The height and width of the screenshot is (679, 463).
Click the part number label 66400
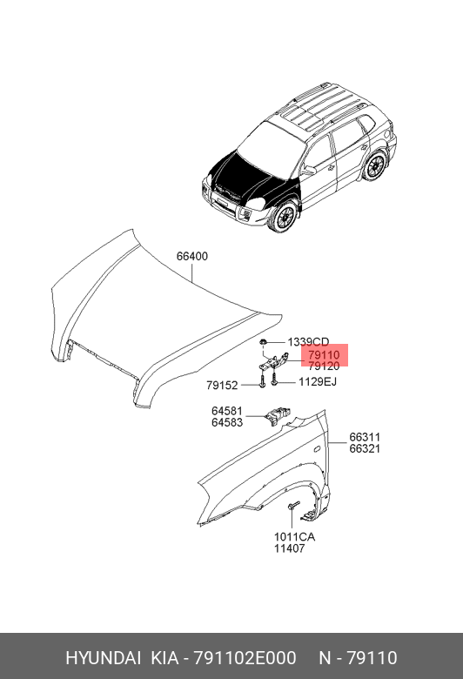pyautogui.click(x=191, y=256)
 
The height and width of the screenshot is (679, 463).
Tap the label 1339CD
pyautogui.click(x=308, y=342)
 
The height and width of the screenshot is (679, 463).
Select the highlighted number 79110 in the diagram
pyautogui.click(x=324, y=355)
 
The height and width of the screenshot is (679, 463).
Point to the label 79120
pyautogui.click(x=324, y=366)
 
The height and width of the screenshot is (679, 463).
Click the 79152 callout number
pyautogui.click(x=222, y=385)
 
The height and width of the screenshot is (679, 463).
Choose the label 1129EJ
pyautogui.click(x=318, y=381)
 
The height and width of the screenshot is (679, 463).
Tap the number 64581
pyautogui.click(x=227, y=411)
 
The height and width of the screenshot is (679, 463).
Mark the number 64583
pyautogui.click(x=227, y=422)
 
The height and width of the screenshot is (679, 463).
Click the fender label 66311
pyautogui.click(x=365, y=437)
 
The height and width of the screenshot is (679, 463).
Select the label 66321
pyautogui.click(x=365, y=448)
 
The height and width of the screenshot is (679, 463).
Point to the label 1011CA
pyautogui.click(x=294, y=537)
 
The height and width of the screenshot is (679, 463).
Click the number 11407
pyautogui.click(x=289, y=548)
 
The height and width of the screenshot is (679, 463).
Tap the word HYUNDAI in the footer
pyautogui.click(x=103, y=658)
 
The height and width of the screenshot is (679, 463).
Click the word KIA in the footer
pyautogui.click(x=164, y=658)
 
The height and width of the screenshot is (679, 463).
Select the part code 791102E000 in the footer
pyautogui.click(x=245, y=658)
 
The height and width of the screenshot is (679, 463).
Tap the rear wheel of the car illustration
pyautogui.click(x=374, y=165)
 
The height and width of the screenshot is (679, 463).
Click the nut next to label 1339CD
pyautogui.click(x=263, y=342)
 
